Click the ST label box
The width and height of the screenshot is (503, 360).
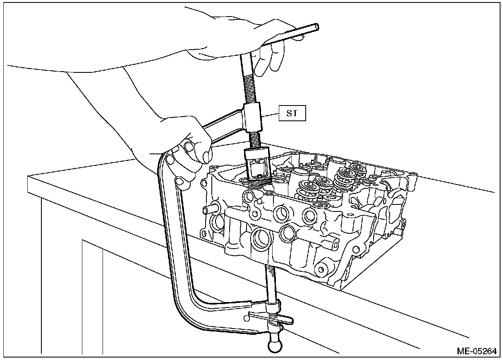coord(292,113)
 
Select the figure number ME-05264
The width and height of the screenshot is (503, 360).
coord(476,351)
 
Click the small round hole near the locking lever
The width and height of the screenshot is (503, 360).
coord(247,317)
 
